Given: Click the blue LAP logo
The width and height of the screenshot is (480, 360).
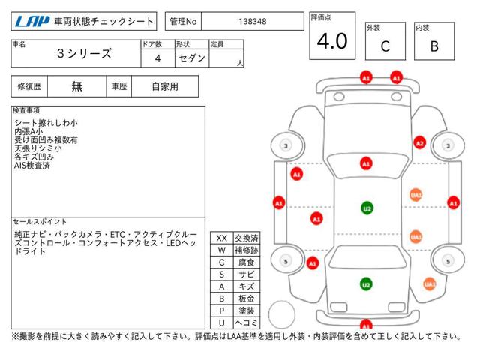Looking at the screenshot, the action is point(32,22).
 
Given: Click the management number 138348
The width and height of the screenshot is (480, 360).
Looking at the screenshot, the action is point(253,22).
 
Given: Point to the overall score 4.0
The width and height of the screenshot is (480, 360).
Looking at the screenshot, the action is point(332,41).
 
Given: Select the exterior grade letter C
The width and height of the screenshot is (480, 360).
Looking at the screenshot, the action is point(385,46).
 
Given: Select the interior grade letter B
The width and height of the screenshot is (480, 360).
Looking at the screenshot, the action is point(434,46).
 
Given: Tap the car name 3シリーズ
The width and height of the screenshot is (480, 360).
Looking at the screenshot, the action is point(84,53).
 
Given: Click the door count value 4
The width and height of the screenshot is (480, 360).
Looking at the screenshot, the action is point(157,58).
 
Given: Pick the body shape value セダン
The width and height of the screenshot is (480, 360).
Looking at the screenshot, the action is point(192,58).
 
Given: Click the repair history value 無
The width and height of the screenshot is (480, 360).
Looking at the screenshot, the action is point(76,87).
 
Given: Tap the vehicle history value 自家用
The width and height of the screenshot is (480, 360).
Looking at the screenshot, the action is point(165,87).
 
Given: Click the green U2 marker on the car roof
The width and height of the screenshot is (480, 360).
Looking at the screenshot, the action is point(367,208).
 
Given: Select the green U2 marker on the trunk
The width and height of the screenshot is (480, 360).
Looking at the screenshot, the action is point(366,284).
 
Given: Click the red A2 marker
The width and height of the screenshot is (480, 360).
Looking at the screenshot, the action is point(419,143).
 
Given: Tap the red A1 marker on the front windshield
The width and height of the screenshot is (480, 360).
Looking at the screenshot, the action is point(366,163).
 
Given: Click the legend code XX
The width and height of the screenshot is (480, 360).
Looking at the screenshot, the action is point(222,238).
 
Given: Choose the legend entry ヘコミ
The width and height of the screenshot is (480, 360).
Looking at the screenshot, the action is point(247,322).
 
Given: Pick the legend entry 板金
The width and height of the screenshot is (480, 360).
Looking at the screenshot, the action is point(247,298).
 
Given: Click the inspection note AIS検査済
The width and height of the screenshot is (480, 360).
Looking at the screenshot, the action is point(32,166).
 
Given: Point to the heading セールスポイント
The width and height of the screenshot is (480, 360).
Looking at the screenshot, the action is point(40,221).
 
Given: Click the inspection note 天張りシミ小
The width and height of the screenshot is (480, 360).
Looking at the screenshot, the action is point(38,148).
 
